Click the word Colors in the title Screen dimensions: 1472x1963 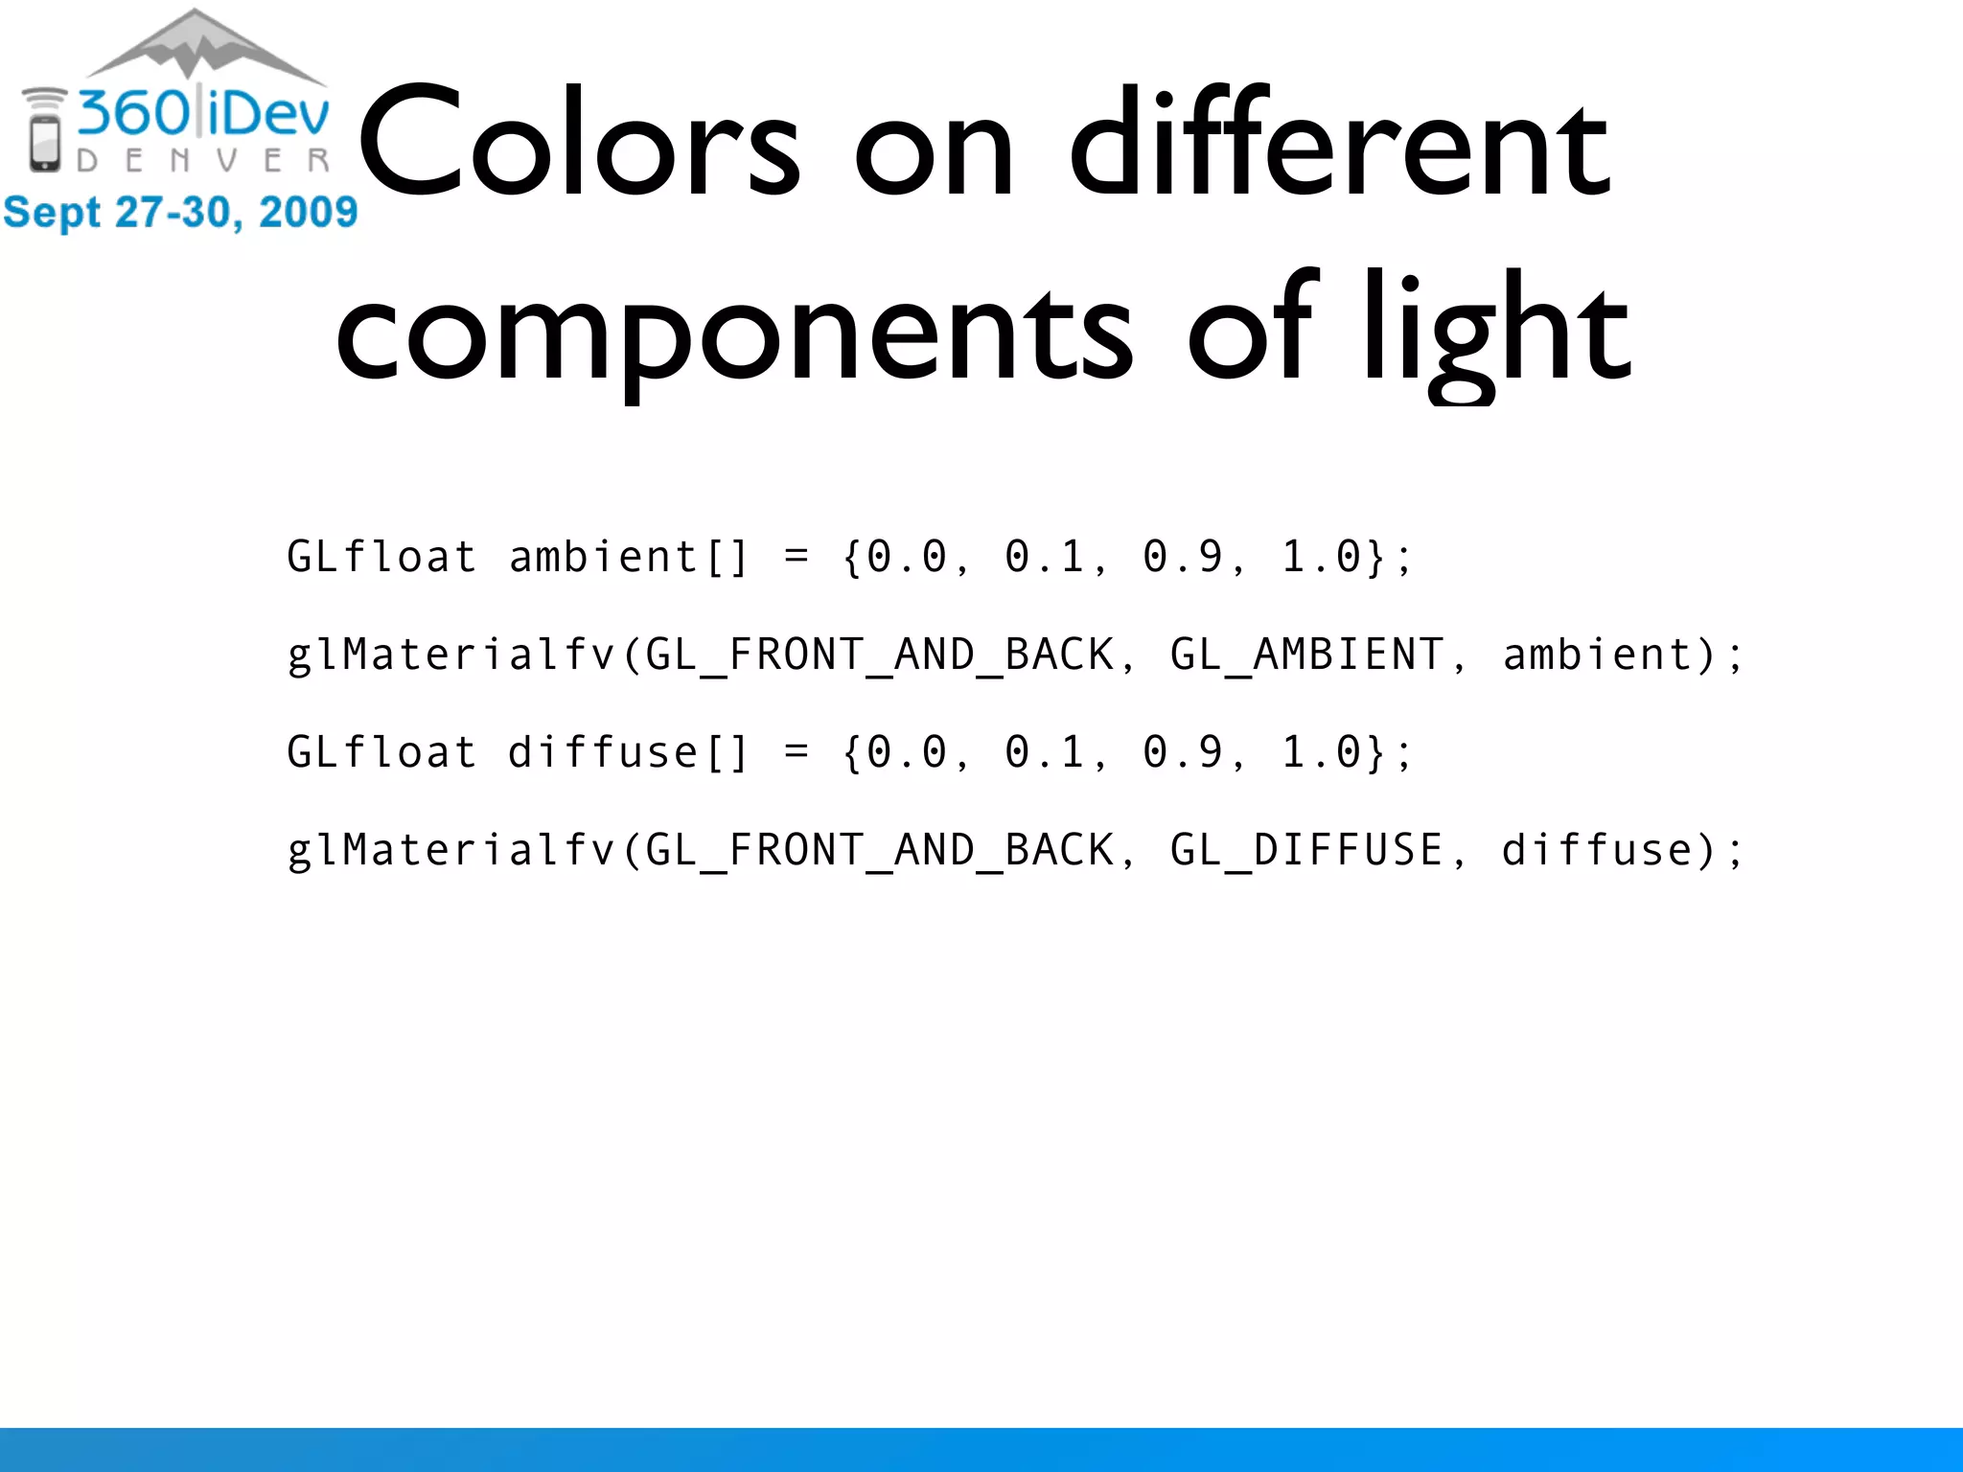579,144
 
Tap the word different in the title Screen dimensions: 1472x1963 1339,144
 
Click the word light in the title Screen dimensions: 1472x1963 1495,331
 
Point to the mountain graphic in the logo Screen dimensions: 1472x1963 203,46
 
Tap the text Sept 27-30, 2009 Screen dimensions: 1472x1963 180,212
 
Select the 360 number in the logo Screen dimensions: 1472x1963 134,113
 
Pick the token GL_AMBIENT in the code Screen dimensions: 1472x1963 1306,655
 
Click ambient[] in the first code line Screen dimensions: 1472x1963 628,558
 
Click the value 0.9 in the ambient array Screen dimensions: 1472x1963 1183,558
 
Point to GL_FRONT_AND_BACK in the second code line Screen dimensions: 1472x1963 880,655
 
